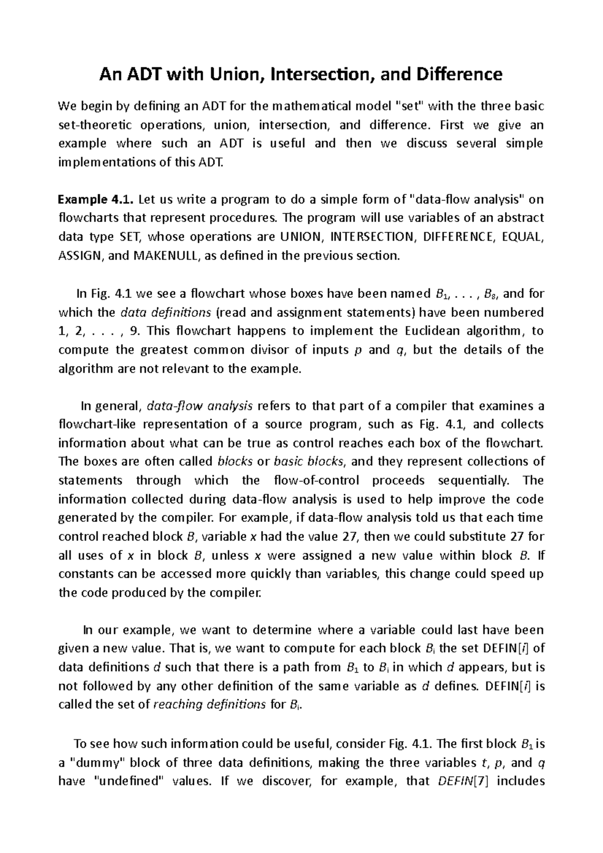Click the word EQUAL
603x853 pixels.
(x=523, y=237)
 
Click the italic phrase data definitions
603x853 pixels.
(x=166, y=312)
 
